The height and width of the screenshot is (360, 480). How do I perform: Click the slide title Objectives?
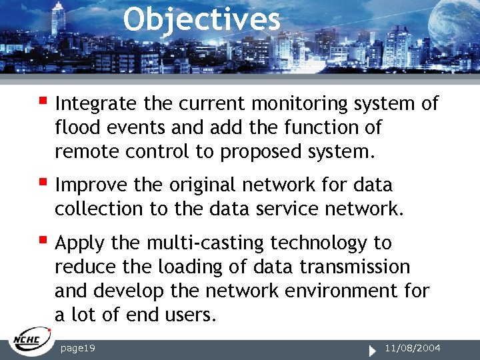pos(201,20)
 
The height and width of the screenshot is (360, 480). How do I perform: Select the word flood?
pos(73,127)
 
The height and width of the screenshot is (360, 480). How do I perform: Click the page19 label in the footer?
pos(77,348)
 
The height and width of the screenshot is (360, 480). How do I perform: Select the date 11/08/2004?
pos(413,348)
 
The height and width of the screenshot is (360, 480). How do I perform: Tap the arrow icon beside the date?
pos(375,349)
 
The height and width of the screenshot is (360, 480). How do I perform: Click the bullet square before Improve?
pos(43,181)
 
